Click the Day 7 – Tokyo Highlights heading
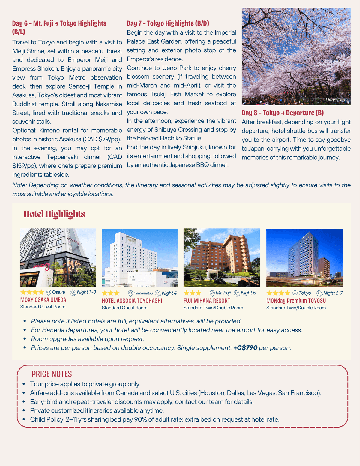point(168,23)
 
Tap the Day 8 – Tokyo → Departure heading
point(283,113)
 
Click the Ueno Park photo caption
point(336,100)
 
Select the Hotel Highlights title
point(54,214)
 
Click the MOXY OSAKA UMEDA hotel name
point(43,300)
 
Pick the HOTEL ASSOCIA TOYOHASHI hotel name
point(132,301)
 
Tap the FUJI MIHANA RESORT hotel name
point(207,301)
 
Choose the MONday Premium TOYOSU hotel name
point(296,301)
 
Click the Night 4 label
point(169,293)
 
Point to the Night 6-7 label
point(333,293)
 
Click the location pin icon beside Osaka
point(49,293)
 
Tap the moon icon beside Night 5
point(237,293)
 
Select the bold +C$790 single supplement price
point(245,348)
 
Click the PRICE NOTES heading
point(52,374)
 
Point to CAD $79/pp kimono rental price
point(106,139)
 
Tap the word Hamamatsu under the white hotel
point(143,293)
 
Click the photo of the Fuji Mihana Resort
point(222,258)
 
